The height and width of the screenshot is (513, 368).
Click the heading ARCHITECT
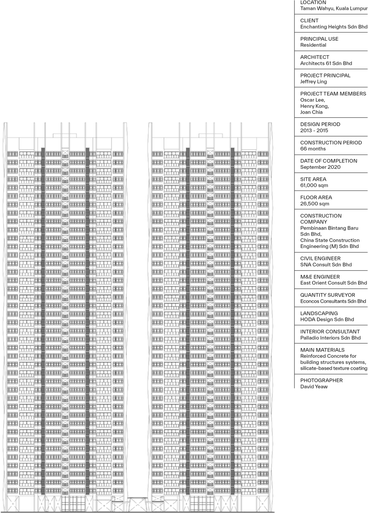point(315,57)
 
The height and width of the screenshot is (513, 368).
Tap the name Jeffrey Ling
point(313,81)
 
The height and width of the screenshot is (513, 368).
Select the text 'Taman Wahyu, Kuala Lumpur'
point(333,8)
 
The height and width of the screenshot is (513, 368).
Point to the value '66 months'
point(313,148)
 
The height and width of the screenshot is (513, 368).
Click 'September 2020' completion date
point(320,167)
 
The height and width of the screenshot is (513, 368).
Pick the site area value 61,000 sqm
point(314,185)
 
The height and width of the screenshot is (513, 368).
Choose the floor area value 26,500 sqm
point(315,203)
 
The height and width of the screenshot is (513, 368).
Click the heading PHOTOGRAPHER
point(321,380)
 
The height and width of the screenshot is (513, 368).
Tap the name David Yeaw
point(314,386)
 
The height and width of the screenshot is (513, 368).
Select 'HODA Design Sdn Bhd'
point(327,319)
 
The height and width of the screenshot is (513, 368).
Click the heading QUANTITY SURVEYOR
point(327,295)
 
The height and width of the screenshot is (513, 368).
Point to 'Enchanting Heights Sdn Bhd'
point(333,27)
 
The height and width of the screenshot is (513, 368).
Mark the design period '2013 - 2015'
point(314,130)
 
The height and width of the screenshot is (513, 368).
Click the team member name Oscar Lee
point(312,100)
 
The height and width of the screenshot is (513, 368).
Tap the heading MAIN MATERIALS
point(322,350)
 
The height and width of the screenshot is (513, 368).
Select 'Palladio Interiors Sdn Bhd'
point(330,338)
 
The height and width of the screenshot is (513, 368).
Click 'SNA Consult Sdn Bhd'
point(326,264)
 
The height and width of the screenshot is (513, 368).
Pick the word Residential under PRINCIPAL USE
point(313,45)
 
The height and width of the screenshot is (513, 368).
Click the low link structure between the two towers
point(138,503)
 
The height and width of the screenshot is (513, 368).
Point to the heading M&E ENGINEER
point(320,277)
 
